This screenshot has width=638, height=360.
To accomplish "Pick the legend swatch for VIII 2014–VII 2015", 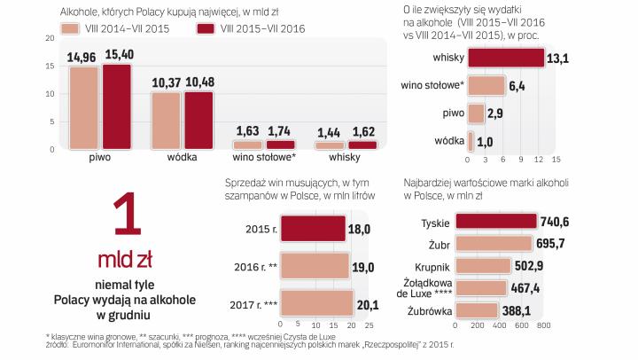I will (x=71, y=29).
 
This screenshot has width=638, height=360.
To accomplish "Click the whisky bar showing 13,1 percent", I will (x=505, y=58).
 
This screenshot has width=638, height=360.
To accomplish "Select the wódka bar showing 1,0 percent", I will (x=471, y=141).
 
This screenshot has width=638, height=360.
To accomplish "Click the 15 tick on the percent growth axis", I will (x=556, y=161).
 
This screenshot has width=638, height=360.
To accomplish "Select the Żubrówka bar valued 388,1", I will (x=485, y=311).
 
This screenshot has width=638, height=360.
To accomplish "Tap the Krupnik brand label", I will (x=435, y=266).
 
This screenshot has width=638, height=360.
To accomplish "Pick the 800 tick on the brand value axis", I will (x=543, y=325).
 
